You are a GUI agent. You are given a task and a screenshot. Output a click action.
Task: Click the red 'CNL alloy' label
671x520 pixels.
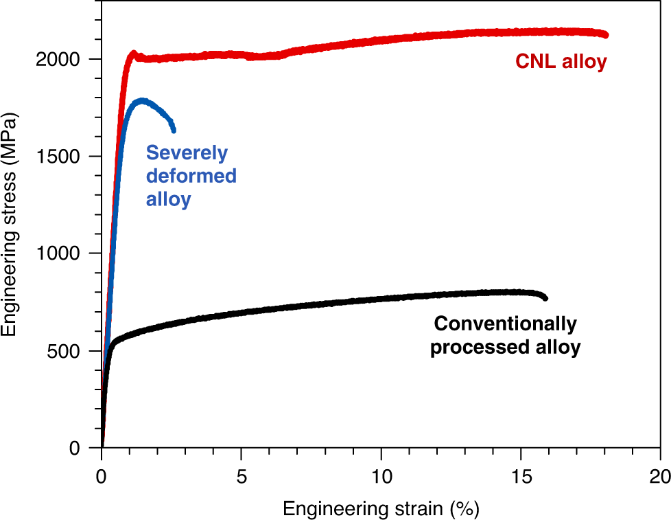[561, 63]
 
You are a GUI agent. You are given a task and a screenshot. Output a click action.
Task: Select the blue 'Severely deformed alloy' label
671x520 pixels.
[191, 177]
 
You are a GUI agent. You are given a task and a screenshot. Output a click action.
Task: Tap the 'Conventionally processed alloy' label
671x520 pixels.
[505, 336]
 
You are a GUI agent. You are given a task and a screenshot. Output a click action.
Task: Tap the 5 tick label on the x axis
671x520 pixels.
[242, 475]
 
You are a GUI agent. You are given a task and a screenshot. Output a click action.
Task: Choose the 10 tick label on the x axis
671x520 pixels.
[381, 475]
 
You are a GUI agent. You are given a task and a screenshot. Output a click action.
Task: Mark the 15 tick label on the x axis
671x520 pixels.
[521, 475]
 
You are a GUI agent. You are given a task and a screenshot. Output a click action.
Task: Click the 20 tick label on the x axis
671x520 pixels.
[659, 475]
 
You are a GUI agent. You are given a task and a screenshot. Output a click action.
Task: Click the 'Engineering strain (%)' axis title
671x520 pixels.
[381, 508]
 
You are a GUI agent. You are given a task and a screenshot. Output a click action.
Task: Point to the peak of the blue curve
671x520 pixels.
[142, 101]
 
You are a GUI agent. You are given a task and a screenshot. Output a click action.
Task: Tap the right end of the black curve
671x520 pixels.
[545, 297]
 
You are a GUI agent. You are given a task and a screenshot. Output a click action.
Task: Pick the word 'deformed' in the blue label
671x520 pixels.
[191, 177]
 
